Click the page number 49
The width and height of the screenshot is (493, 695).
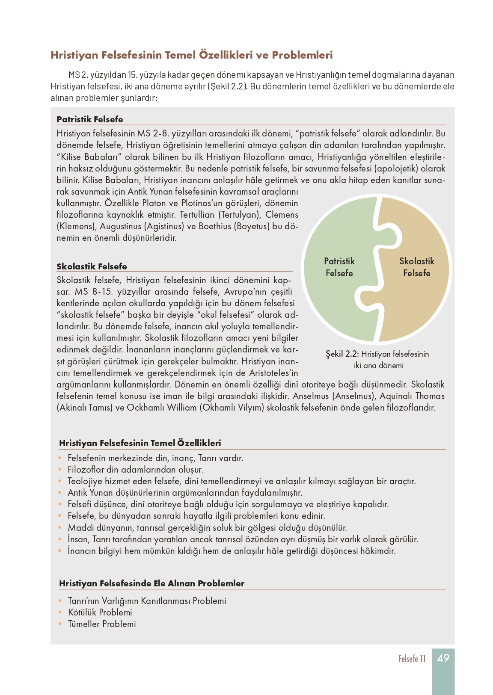pos(443,658)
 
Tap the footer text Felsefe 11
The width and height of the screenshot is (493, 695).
pos(412,659)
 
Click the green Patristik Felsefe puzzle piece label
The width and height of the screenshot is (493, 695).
pos(339,267)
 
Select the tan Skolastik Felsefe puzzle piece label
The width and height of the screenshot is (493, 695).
pos(416,267)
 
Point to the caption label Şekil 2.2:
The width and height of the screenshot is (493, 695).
pos(342,354)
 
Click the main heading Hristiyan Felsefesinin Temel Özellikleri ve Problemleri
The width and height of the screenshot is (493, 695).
pos(191,55)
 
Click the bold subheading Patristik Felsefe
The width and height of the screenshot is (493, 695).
pos(89,119)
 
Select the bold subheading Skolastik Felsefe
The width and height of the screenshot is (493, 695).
pos(92,266)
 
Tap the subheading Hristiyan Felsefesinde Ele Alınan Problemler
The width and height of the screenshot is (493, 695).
pos(151,583)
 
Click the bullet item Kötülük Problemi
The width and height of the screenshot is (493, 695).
pos(100,612)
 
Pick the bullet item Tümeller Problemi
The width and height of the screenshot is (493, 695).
pos(102,624)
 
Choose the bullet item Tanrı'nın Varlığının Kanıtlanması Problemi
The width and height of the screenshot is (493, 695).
pos(147,601)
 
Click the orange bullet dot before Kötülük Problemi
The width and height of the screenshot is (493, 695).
pos(60,612)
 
